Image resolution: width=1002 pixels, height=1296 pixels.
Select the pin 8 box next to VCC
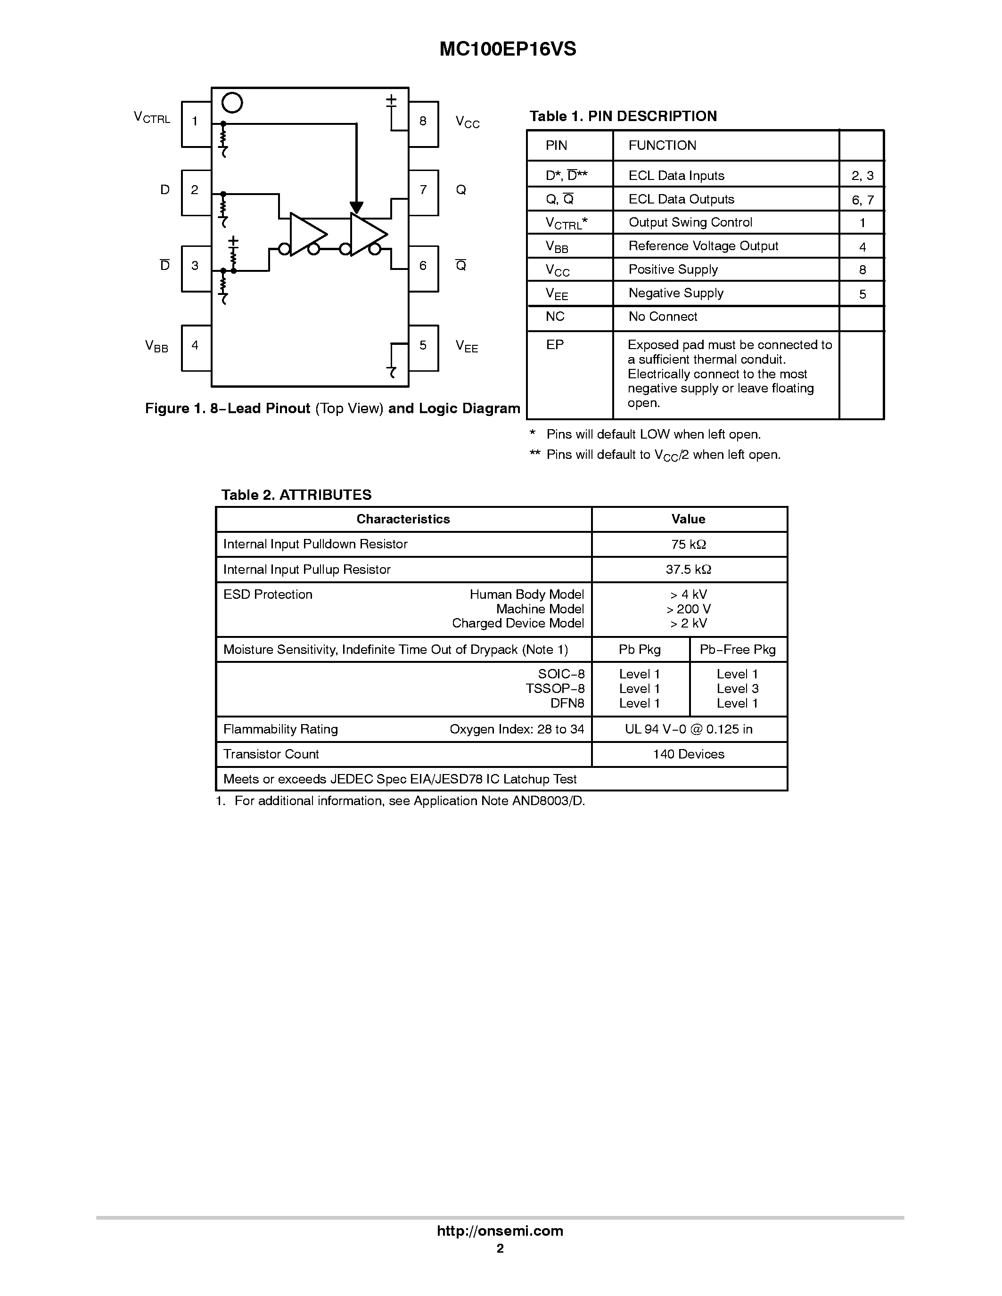click(x=423, y=123)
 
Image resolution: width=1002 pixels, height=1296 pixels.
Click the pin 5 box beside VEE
click(x=423, y=348)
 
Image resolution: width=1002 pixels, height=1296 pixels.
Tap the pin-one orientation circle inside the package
click(x=232, y=103)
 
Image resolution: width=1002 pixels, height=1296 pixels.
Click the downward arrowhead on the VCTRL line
click(x=356, y=207)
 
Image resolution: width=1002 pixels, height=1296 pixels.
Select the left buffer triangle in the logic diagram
click(x=307, y=234)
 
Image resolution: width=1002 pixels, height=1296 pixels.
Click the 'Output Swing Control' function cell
click(x=690, y=222)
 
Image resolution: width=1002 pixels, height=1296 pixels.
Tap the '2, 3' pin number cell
click(x=862, y=176)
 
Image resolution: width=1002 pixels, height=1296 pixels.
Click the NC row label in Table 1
click(x=555, y=316)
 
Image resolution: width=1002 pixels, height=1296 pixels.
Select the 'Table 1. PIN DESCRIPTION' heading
click(x=623, y=116)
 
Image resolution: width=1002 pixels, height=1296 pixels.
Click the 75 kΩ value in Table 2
click(x=689, y=544)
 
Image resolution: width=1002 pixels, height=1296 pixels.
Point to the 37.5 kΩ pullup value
click(x=689, y=570)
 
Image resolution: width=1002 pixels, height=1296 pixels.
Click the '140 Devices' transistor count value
click(x=689, y=754)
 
